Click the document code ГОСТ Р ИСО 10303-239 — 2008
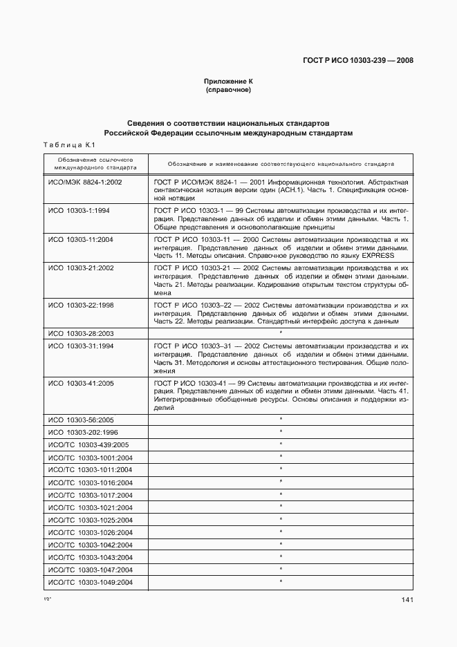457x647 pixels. (358, 60)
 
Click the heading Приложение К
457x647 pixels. (228, 82)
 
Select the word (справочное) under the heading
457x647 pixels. (228, 90)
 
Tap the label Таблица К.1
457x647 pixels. (68, 144)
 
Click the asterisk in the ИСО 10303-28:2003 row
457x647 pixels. (281, 333)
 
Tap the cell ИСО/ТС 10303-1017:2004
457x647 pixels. (90, 495)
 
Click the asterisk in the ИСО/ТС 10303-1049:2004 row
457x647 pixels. (281, 582)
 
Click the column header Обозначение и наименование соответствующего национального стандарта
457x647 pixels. (281, 164)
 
